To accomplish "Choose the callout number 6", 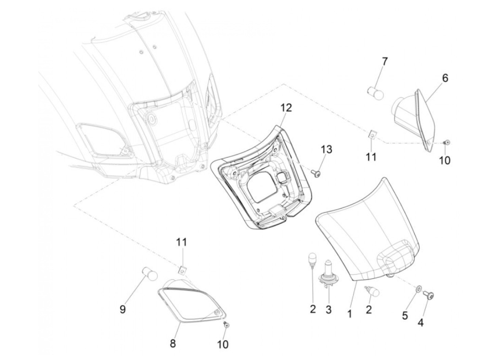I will click(x=445, y=78).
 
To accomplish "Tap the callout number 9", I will click(x=122, y=309).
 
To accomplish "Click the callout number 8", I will click(x=173, y=343).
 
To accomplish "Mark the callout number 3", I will click(x=328, y=310).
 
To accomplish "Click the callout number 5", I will click(x=405, y=315).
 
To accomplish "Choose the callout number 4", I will click(x=420, y=322).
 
